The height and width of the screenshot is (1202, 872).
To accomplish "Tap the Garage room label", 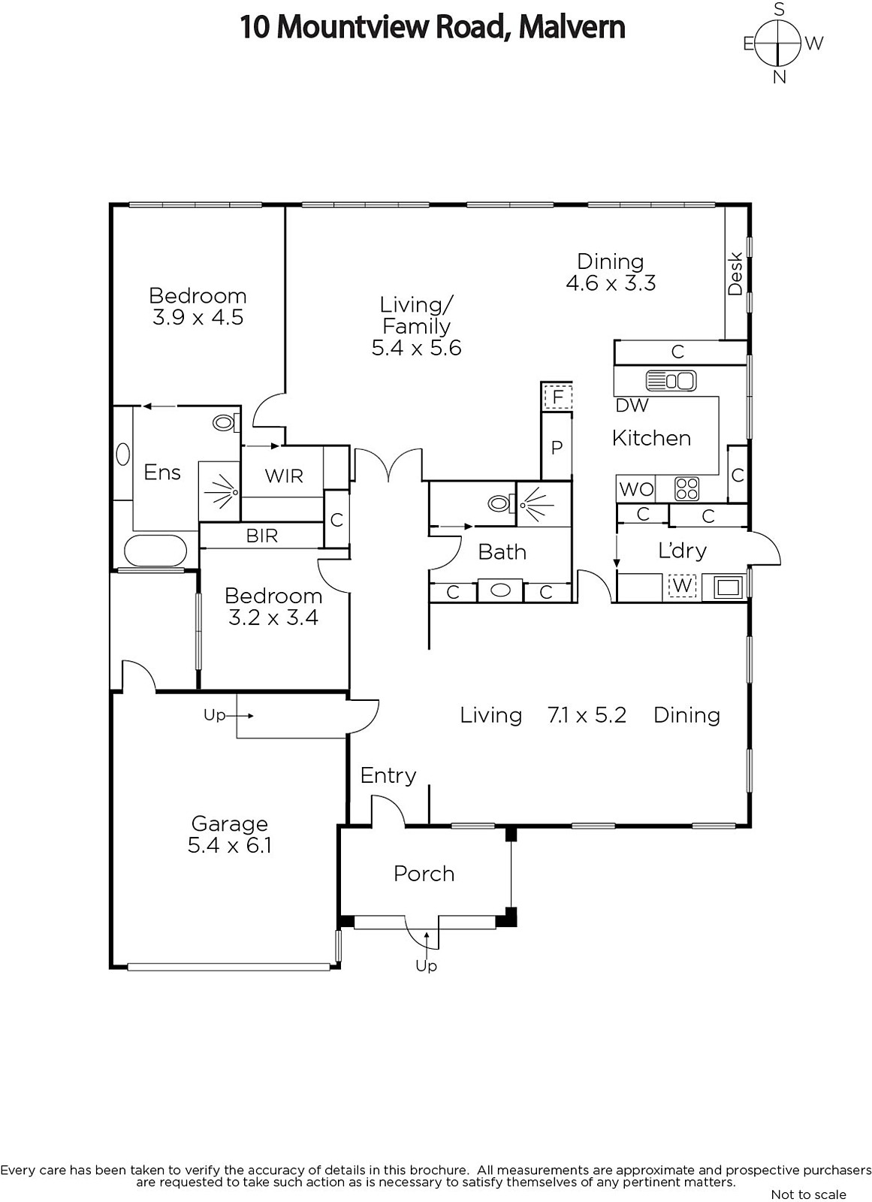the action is (x=229, y=823).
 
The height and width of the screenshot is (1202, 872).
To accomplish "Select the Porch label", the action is (x=424, y=874).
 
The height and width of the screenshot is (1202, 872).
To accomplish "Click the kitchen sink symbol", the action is (x=671, y=380).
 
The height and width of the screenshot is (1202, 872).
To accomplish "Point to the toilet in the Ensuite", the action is (x=225, y=423).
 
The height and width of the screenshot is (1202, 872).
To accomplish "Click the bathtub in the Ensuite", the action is (x=155, y=551).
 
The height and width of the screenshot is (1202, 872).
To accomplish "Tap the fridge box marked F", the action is (x=557, y=397).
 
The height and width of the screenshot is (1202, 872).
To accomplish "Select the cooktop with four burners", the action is (x=687, y=488).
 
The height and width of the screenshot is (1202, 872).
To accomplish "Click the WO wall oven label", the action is (x=636, y=489).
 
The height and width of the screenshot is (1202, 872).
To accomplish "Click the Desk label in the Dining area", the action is (x=735, y=273).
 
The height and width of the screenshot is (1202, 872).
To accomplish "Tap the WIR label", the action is (x=284, y=476).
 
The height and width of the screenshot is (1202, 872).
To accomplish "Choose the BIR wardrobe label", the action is (x=262, y=536).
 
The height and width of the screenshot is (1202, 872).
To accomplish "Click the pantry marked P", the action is (x=557, y=447).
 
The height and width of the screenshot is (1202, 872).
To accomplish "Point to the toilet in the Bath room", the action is (x=501, y=503).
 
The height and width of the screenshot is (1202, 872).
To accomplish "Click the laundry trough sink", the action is (x=729, y=587).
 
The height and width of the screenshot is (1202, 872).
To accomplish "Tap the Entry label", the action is (x=388, y=775).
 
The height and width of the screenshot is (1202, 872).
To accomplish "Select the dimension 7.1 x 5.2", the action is (x=587, y=715).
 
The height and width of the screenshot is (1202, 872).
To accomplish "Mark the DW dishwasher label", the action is (x=632, y=405).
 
